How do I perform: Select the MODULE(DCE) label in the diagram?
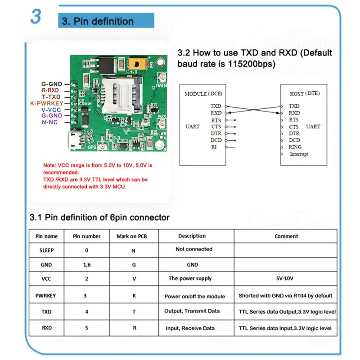click(x=203, y=94)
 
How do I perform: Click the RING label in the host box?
click(x=295, y=147)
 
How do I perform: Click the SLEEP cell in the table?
click(x=46, y=250)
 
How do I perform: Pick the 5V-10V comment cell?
click(x=286, y=279)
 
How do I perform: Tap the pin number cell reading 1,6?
click(x=87, y=265)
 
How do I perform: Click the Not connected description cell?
click(x=193, y=249)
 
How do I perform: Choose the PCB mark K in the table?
click(x=134, y=296)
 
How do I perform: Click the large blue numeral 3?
click(x=36, y=17)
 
